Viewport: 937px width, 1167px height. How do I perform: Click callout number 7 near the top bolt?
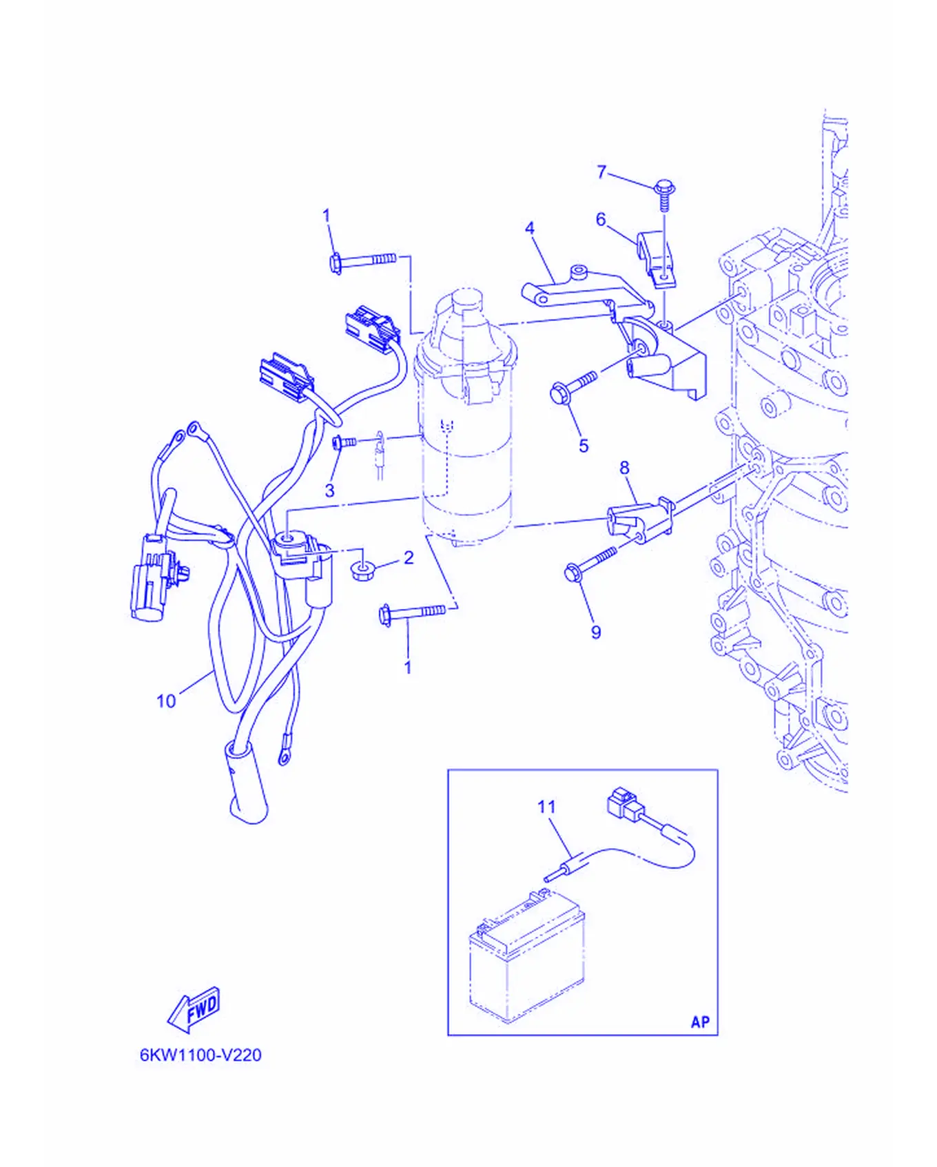click(x=601, y=172)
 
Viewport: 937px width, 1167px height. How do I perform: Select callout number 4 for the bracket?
click(x=529, y=228)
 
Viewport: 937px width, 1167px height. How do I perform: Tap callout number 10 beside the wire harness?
click(x=166, y=701)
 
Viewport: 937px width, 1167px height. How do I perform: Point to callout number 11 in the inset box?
click(x=546, y=807)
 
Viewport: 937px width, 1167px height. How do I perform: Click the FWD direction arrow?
click(x=194, y=1009)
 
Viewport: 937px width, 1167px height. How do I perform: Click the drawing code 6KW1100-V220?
click(x=200, y=1055)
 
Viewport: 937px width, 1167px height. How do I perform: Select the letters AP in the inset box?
click(x=700, y=1022)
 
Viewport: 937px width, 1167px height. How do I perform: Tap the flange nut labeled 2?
click(x=362, y=570)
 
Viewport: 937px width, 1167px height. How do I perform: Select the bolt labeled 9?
click(x=590, y=563)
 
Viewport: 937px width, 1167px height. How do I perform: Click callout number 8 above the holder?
click(x=624, y=468)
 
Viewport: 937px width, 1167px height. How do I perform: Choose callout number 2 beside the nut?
click(x=409, y=558)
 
